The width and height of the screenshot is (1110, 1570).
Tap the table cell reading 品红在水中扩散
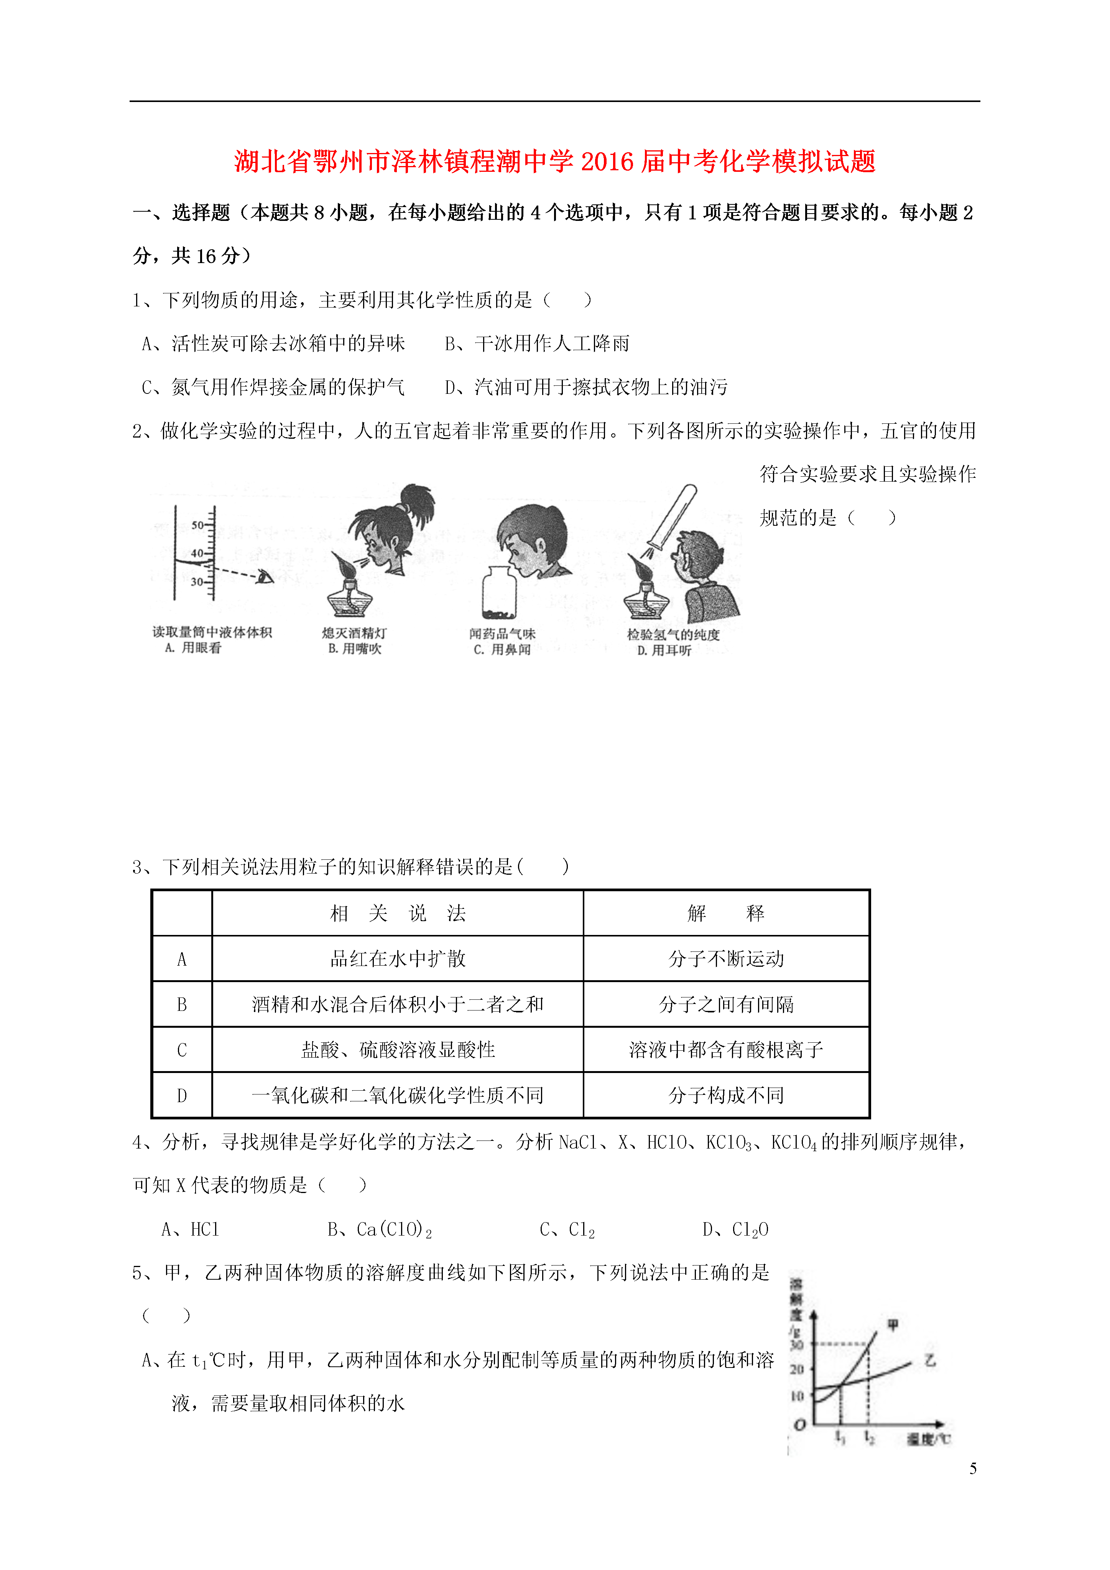pos(398,959)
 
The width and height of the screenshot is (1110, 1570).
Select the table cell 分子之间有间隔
pos(726,1004)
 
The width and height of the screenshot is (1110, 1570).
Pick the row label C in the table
pos(182,1050)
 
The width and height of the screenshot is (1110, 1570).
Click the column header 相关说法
pos(398,913)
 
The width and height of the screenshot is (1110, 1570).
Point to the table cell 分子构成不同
pos(726,1096)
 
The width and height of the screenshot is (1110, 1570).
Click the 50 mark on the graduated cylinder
pos(197,525)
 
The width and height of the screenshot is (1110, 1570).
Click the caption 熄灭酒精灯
pos(354,633)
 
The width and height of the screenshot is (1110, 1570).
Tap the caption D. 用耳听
pos(664,650)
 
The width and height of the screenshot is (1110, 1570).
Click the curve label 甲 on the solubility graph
pos(893,1325)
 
